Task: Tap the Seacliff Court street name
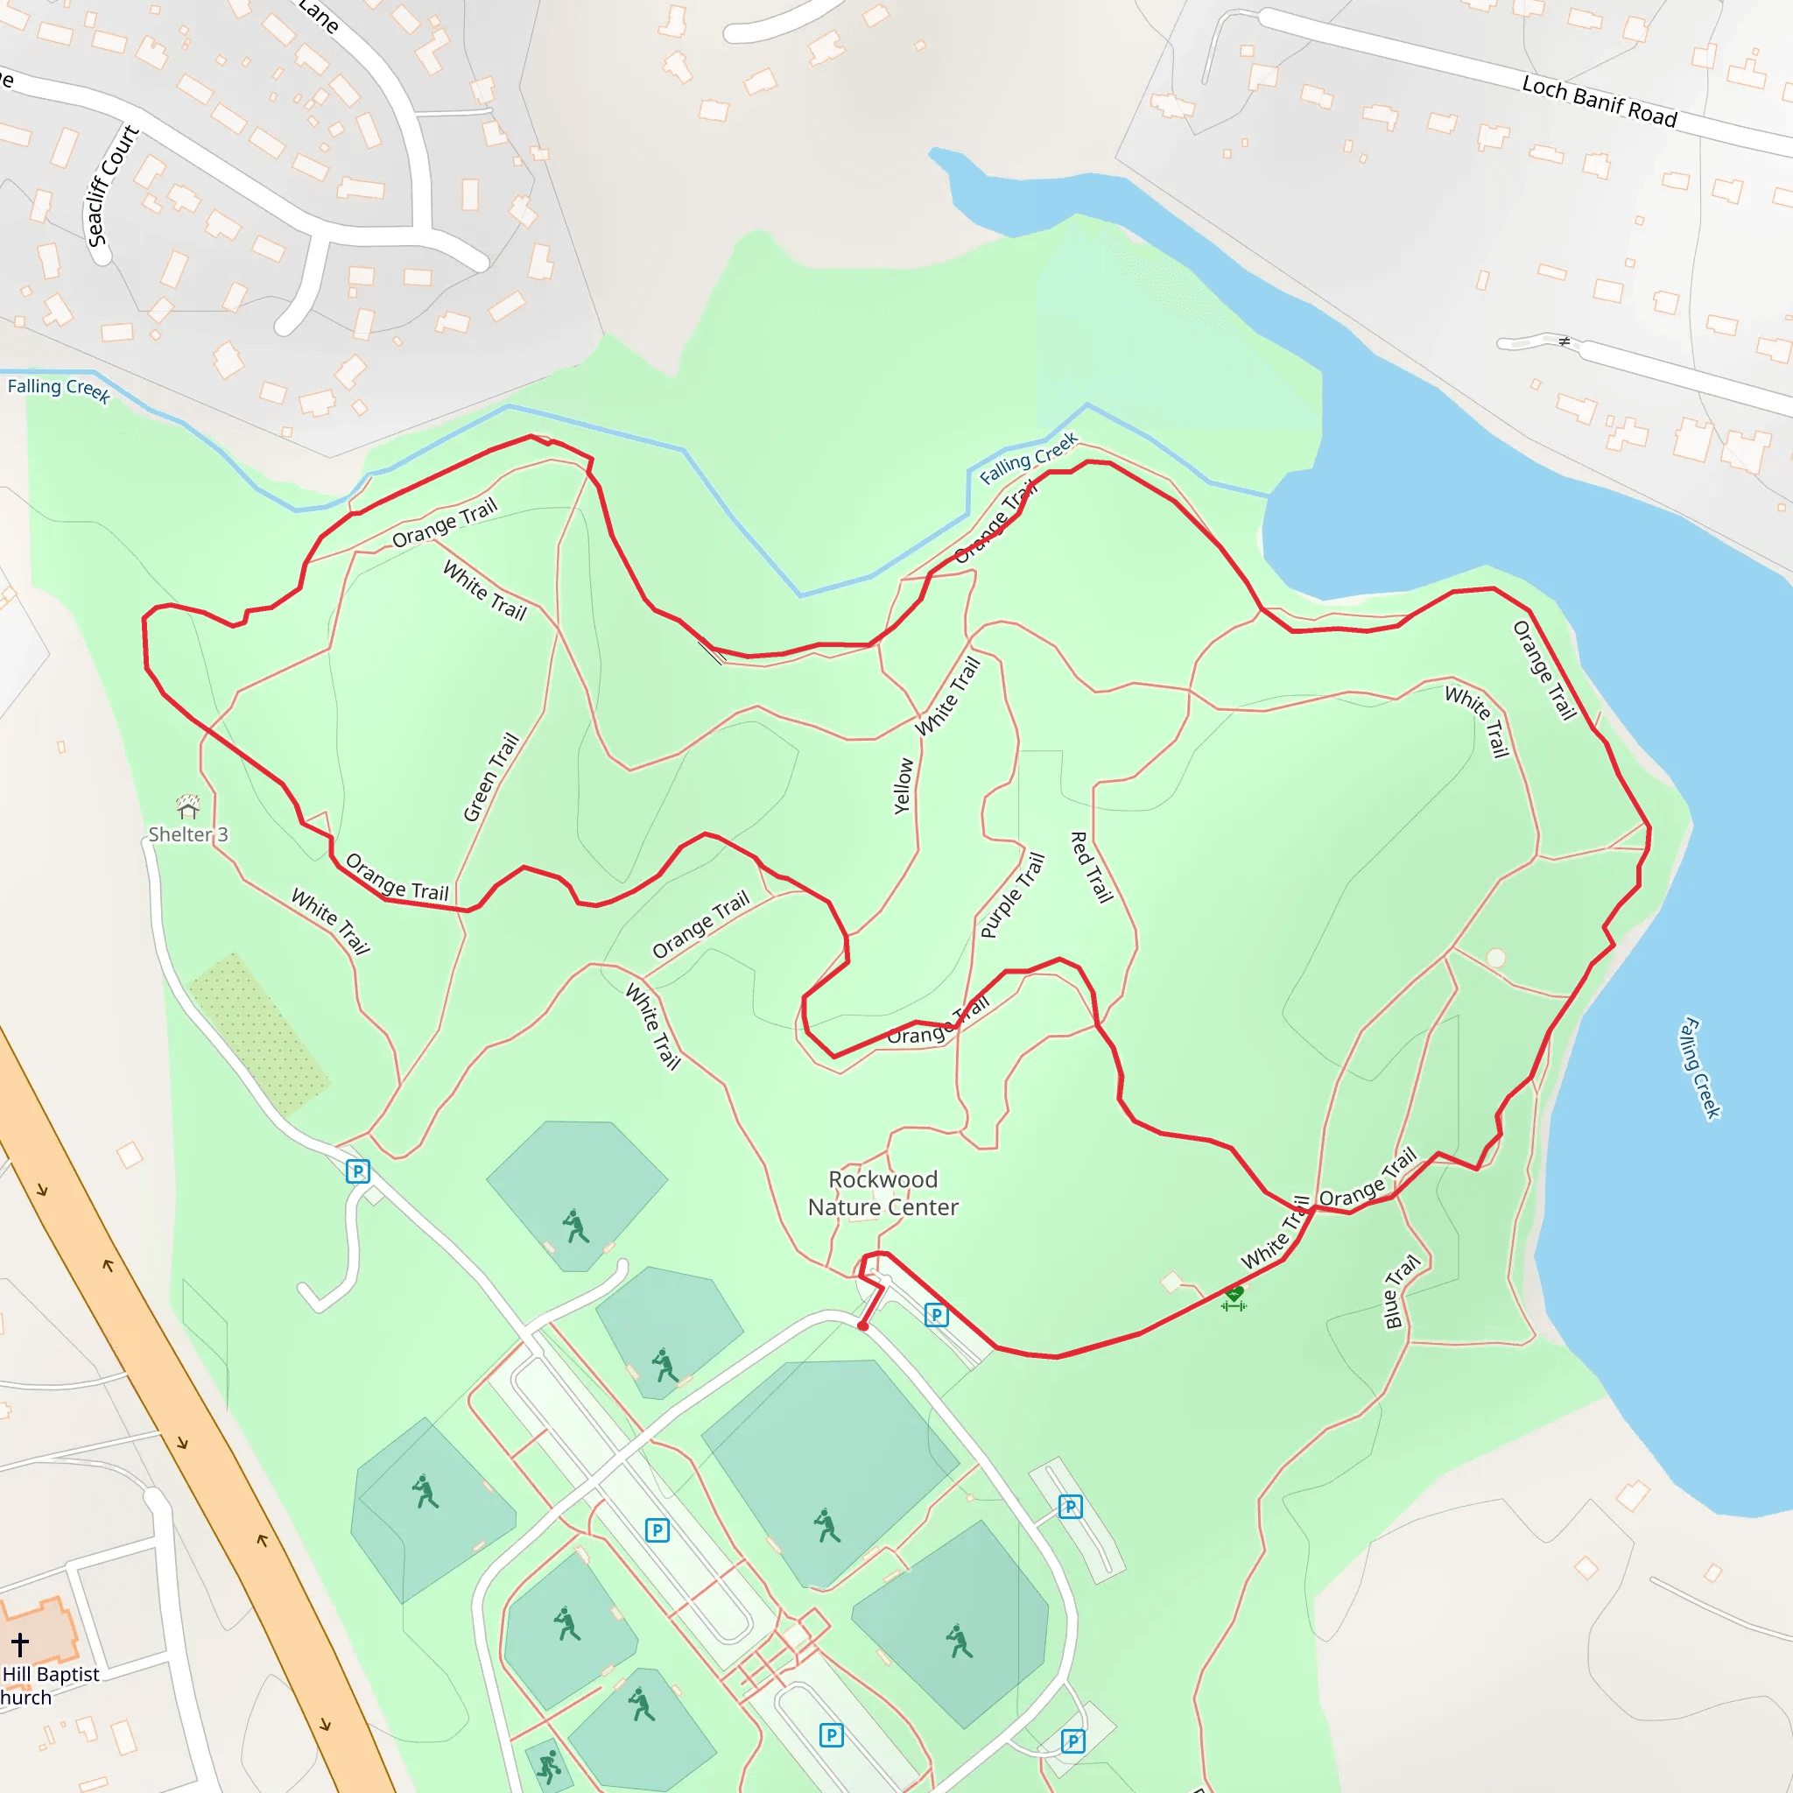111,186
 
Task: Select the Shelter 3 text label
188,834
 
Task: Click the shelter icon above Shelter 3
188,805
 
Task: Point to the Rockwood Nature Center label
882,1192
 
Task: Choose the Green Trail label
491,777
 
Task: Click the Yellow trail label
903,787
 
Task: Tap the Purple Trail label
1013,896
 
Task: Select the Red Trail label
1092,867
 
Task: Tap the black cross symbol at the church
20,1644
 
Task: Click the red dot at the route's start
863,1326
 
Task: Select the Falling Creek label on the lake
1700,1068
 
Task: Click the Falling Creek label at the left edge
59,389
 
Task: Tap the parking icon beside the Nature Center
937,1315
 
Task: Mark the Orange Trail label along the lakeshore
1544,670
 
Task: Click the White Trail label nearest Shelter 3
331,921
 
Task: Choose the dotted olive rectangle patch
259,1033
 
